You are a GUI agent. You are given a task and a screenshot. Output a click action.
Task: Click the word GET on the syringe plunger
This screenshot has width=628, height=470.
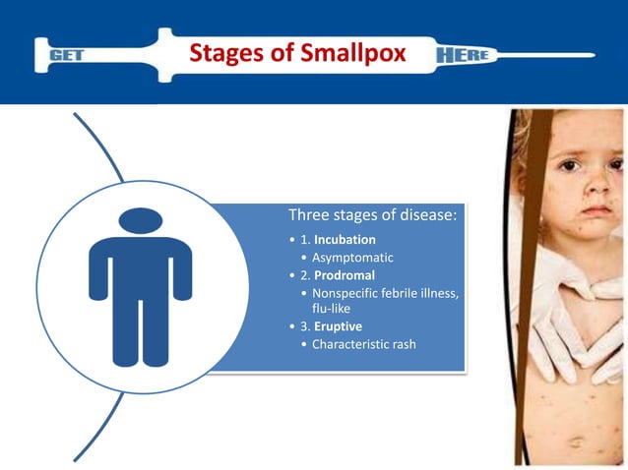pyautogui.click(x=68, y=56)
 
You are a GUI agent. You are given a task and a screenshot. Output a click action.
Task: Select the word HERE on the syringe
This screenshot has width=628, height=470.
pyautogui.click(x=462, y=55)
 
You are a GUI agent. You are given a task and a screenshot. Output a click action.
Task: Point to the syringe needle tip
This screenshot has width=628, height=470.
pyautogui.click(x=593, y=54)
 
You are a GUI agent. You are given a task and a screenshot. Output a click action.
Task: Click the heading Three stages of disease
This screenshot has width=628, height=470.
pyautogui.click(x=372, y=215)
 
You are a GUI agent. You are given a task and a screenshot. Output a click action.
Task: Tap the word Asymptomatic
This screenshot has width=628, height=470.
pyautogui.click(x=352, y=257)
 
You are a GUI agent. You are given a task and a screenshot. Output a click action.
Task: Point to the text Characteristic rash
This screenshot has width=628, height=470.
pyautogui.click(x=363, y=343)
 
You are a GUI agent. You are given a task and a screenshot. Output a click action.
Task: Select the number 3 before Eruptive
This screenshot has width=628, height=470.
pyautogui.click(x=305, y=325)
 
